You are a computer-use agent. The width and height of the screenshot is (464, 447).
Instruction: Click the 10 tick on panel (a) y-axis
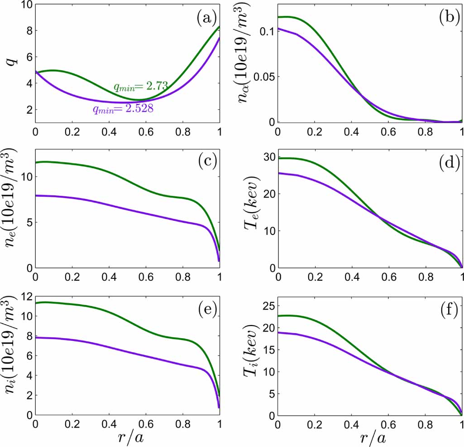click(x=25, y=5)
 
